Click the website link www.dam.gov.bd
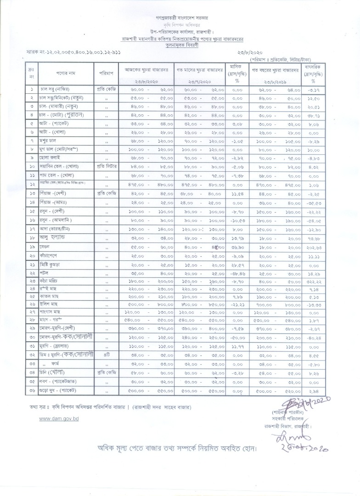pos(59,419)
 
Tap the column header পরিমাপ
pos(106,73)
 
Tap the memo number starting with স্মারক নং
pos(73,54)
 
